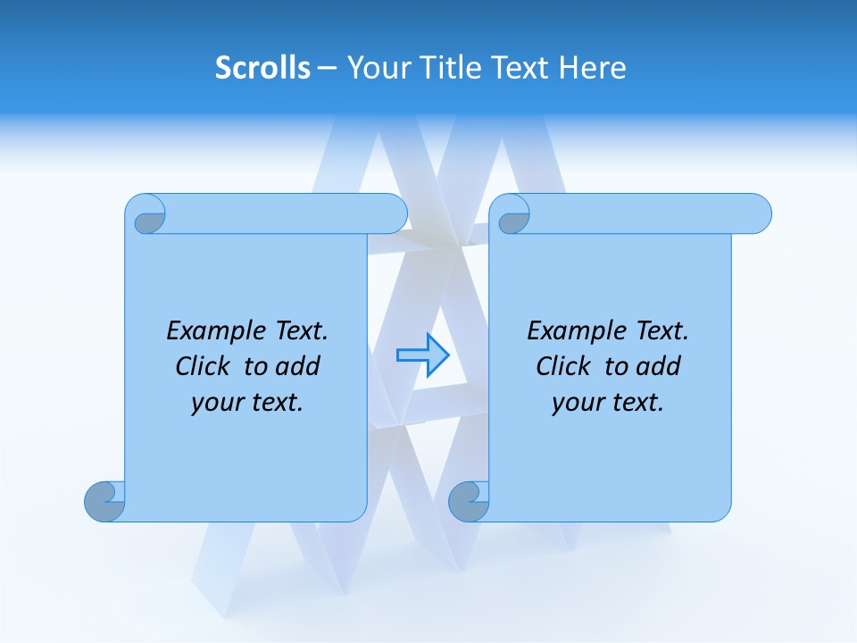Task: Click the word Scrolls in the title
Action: point(262,68)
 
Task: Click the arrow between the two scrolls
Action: point(422,355)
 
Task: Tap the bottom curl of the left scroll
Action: point(104,501)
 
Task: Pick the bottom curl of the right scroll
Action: point(469,501)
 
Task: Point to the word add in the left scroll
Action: point(299,366)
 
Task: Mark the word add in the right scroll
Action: point(660,366)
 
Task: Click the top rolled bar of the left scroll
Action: point(286,213)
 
